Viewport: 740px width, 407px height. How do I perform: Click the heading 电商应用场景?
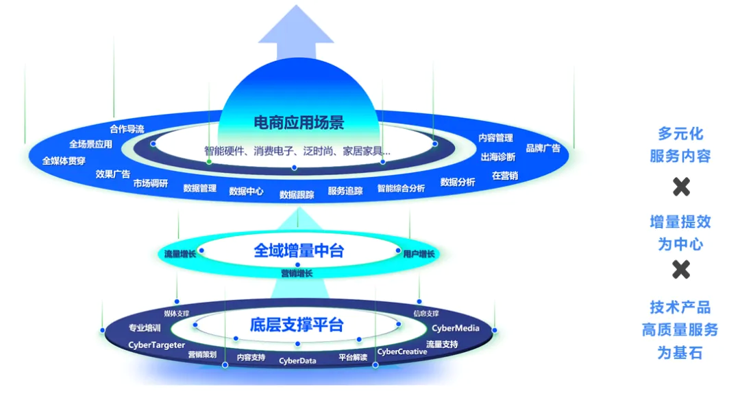point(299,123)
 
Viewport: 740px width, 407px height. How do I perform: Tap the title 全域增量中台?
point(299,251)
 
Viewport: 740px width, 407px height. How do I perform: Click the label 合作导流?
point(127,129)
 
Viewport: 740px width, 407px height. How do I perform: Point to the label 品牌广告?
point(543,148)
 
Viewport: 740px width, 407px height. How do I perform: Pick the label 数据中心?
point(246,191)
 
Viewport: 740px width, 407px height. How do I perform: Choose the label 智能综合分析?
point(401,188)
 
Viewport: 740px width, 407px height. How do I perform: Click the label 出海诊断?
point(498,157)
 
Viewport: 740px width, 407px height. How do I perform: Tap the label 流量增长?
point(181,254)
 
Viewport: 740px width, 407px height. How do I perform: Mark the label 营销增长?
point(297,273)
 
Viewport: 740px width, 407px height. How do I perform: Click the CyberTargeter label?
point(157,345)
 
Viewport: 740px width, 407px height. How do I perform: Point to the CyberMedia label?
point(456,328)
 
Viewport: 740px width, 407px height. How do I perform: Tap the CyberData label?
point(297,360)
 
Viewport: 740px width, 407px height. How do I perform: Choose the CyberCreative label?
point(402,351)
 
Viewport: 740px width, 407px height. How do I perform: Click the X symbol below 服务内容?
point(680,187)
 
